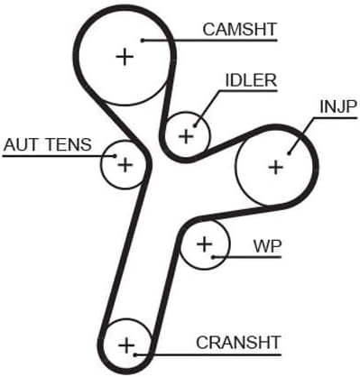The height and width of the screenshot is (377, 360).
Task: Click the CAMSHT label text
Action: (240, 29)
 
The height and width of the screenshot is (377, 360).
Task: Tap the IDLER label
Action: (251, 80)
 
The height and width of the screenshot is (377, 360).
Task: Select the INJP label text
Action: (338, 106)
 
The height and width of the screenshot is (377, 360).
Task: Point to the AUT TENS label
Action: (48, 144)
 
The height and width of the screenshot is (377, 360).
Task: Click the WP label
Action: (267, 246)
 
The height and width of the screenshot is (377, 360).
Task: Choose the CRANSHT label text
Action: (238, 343)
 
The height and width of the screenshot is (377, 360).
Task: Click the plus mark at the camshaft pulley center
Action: (125, 56)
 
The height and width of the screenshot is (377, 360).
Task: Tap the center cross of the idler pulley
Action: (187, 137)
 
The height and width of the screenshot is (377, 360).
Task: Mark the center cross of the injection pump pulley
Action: (275, 167)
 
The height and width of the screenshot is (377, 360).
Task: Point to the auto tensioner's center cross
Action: (125, 165)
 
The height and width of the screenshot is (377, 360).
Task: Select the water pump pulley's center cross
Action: (205, 244)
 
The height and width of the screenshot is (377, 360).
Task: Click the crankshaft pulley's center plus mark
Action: (126, 345)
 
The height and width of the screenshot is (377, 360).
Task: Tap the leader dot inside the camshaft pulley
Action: (143, 40)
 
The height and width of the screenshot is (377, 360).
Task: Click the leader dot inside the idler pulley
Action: (195, 126)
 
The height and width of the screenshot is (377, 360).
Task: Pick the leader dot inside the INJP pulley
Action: (289, 153)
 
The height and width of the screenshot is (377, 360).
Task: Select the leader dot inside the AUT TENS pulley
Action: (115, 156)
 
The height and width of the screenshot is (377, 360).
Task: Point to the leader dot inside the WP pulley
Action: (213, 257)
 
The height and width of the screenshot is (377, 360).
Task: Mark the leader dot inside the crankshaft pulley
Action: (136, 355)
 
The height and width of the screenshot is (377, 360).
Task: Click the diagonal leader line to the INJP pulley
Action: (301, 136)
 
